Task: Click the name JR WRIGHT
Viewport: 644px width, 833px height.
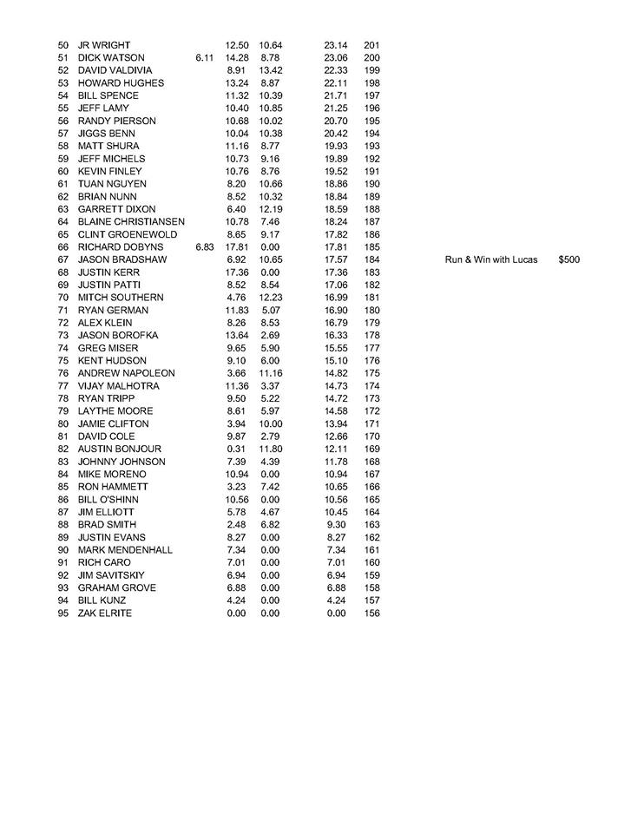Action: [105, 45]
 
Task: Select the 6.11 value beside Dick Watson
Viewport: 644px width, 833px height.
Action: [205, 57]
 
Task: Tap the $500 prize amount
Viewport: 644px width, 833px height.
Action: [569, 259]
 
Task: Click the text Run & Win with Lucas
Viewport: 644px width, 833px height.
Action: [491, 259]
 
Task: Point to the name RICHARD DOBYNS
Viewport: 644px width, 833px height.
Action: [121, 247]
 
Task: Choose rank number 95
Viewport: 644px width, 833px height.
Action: [63, 613]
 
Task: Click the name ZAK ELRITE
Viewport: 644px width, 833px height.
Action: [104, 613]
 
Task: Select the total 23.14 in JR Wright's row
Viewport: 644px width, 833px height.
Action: [336, 45]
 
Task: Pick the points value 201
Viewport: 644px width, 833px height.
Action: [371, 45]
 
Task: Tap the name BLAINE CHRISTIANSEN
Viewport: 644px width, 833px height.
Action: [131, 222]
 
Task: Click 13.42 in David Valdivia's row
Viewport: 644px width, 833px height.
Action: [271, 70]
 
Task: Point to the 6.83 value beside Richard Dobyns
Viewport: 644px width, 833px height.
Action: [205, 247]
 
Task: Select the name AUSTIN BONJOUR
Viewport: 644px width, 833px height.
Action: [120, 449]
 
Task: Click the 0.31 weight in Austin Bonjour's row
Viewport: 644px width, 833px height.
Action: [236, 449]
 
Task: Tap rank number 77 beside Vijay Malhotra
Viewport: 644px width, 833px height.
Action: [63, 385]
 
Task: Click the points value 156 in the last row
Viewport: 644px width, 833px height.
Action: [371, 613]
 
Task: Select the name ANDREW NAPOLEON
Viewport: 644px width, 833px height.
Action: [127, 373]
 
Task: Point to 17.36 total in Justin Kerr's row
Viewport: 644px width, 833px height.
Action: [336, 272]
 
